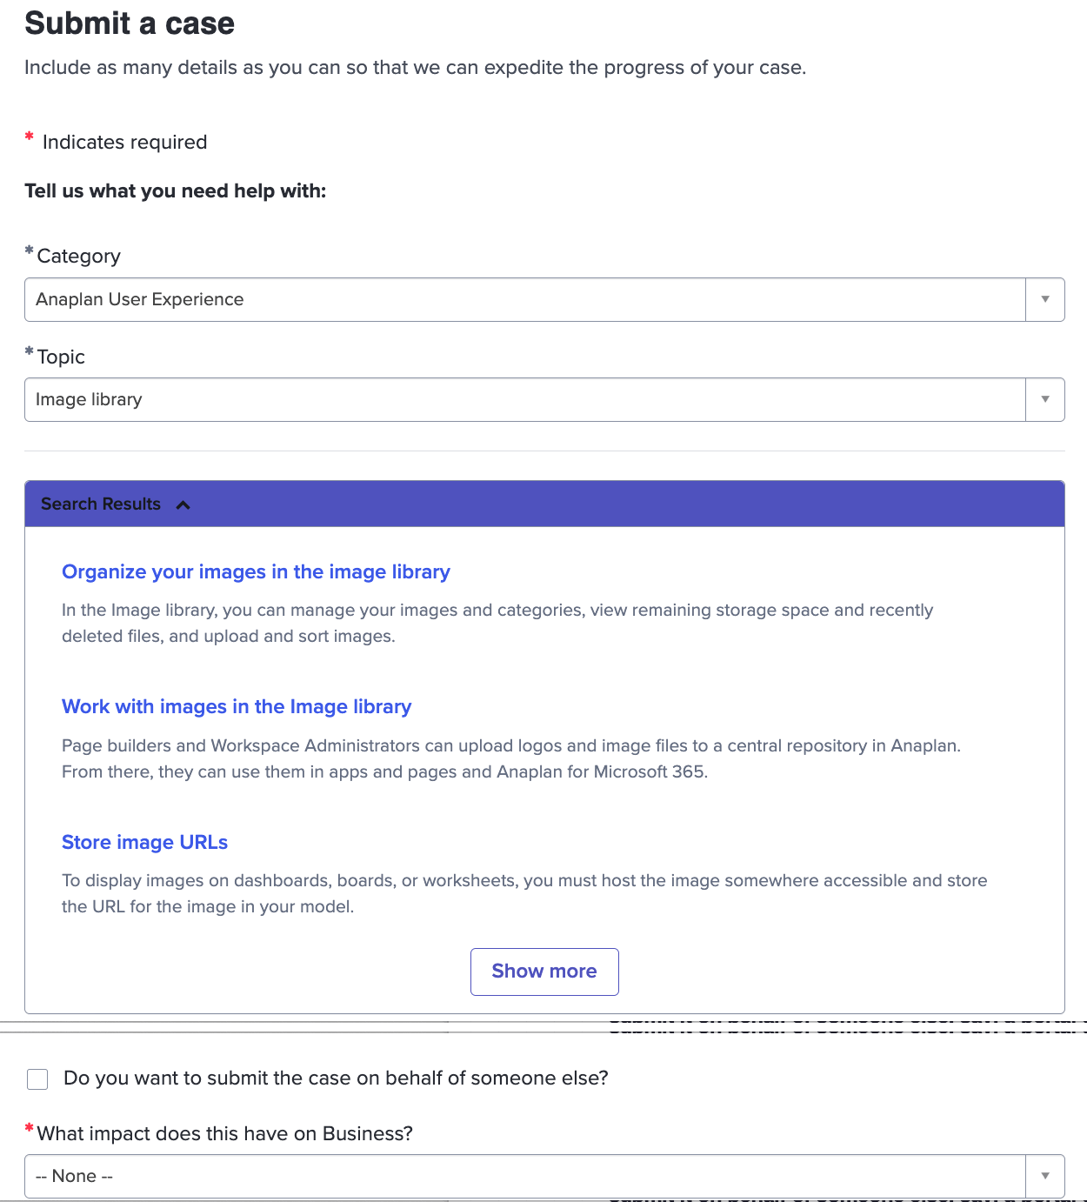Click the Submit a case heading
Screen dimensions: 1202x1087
pos(130,23)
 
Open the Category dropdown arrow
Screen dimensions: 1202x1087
pos(1045,299)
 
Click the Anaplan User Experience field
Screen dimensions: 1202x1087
pos(522,299)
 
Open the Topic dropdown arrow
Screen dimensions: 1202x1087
pos(1045,399)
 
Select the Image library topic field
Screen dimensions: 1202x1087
pos(522,399)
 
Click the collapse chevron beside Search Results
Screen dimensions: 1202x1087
pos(183,504)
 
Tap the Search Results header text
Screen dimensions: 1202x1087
pos(101,504)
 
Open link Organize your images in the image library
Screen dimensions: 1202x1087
pos(256,571)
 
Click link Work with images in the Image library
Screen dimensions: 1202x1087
pos(237,706)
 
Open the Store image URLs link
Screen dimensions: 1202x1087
pos(144,842)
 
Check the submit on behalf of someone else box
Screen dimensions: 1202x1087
pos(37,1079)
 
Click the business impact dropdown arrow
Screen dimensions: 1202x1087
pos(1045,1176)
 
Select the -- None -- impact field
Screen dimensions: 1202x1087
pos(522,1176)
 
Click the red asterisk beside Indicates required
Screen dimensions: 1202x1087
pos(30,137)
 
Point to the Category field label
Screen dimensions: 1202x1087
pos(78,256)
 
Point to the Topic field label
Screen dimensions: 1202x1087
pos(61,357)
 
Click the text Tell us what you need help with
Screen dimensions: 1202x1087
pos(176,191)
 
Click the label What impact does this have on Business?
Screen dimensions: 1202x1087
pos(224,1133)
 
